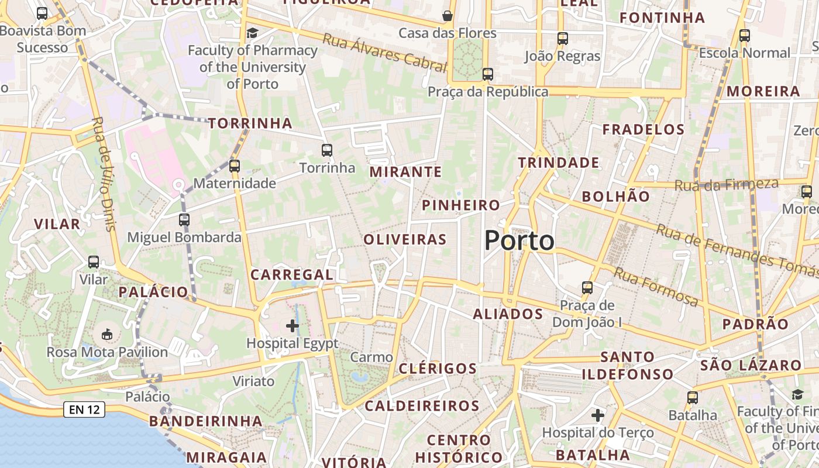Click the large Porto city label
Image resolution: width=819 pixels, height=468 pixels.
coord(519,240)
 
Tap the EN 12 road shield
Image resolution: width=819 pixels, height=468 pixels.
coord(84,409)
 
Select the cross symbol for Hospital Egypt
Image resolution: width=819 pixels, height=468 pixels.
coord(292,326)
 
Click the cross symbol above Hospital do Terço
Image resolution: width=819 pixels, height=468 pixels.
coord(597,415)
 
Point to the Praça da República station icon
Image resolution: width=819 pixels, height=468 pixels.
coord(488,74)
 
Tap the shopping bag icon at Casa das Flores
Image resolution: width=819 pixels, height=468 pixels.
coord(448,15)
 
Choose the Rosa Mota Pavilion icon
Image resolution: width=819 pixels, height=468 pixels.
coord(107,335)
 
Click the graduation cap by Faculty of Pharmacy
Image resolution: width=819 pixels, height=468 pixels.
coord(252,33)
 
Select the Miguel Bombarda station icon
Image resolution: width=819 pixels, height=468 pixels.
coord(184,220)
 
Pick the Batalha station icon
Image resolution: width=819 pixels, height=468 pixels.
coord(693,398)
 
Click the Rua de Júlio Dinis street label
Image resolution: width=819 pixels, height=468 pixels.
coord(104,174)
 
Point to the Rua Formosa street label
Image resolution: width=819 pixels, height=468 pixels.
coord(656,287)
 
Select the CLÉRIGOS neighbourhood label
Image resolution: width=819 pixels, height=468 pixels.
coord(438,369)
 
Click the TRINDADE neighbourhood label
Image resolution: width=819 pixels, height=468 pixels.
coord(559,163)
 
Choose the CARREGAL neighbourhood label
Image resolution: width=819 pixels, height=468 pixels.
coord(292,274)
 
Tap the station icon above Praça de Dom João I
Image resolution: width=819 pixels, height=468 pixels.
coord(587,288)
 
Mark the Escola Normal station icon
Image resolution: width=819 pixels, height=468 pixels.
coord(745,36)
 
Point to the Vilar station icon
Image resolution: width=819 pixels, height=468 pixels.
coord(94,262)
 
